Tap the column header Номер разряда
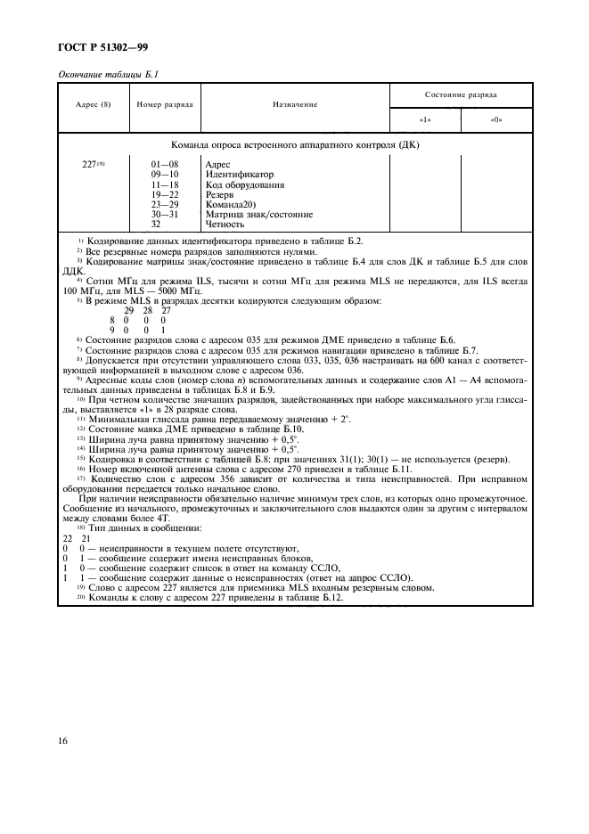coord(164,105)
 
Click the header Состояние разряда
coord(461,94)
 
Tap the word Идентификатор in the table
coord(239,175)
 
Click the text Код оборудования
coord(244,184)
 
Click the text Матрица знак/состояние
coord(258,214)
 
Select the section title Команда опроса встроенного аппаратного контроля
coord(295,144)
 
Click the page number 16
coord(68,740)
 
